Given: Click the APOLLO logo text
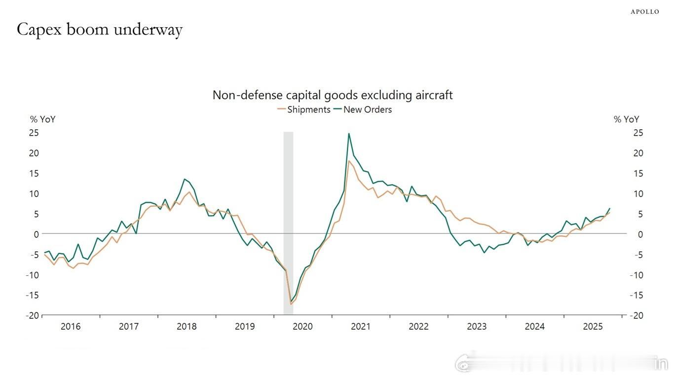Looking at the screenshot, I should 644,12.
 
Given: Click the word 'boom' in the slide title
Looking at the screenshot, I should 89,30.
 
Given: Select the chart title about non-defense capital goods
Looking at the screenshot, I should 332,95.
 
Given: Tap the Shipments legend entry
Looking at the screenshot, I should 304,110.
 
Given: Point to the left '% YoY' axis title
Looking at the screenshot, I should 42,119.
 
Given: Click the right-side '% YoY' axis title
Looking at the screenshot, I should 626,119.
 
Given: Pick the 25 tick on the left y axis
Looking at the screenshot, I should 34,133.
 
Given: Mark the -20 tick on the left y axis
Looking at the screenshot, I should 33,315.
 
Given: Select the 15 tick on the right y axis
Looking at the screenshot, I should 638,173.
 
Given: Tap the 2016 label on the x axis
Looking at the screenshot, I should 71,327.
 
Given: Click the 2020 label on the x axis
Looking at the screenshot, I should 302,327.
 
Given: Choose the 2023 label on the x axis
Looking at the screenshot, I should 477,327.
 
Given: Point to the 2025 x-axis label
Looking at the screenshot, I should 593,327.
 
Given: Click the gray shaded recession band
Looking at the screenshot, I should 288,222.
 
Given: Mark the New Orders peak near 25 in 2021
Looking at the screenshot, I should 349,133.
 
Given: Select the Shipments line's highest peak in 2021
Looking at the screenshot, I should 349,161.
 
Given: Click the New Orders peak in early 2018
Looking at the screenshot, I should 184,179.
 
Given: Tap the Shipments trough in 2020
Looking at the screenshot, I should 291,304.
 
